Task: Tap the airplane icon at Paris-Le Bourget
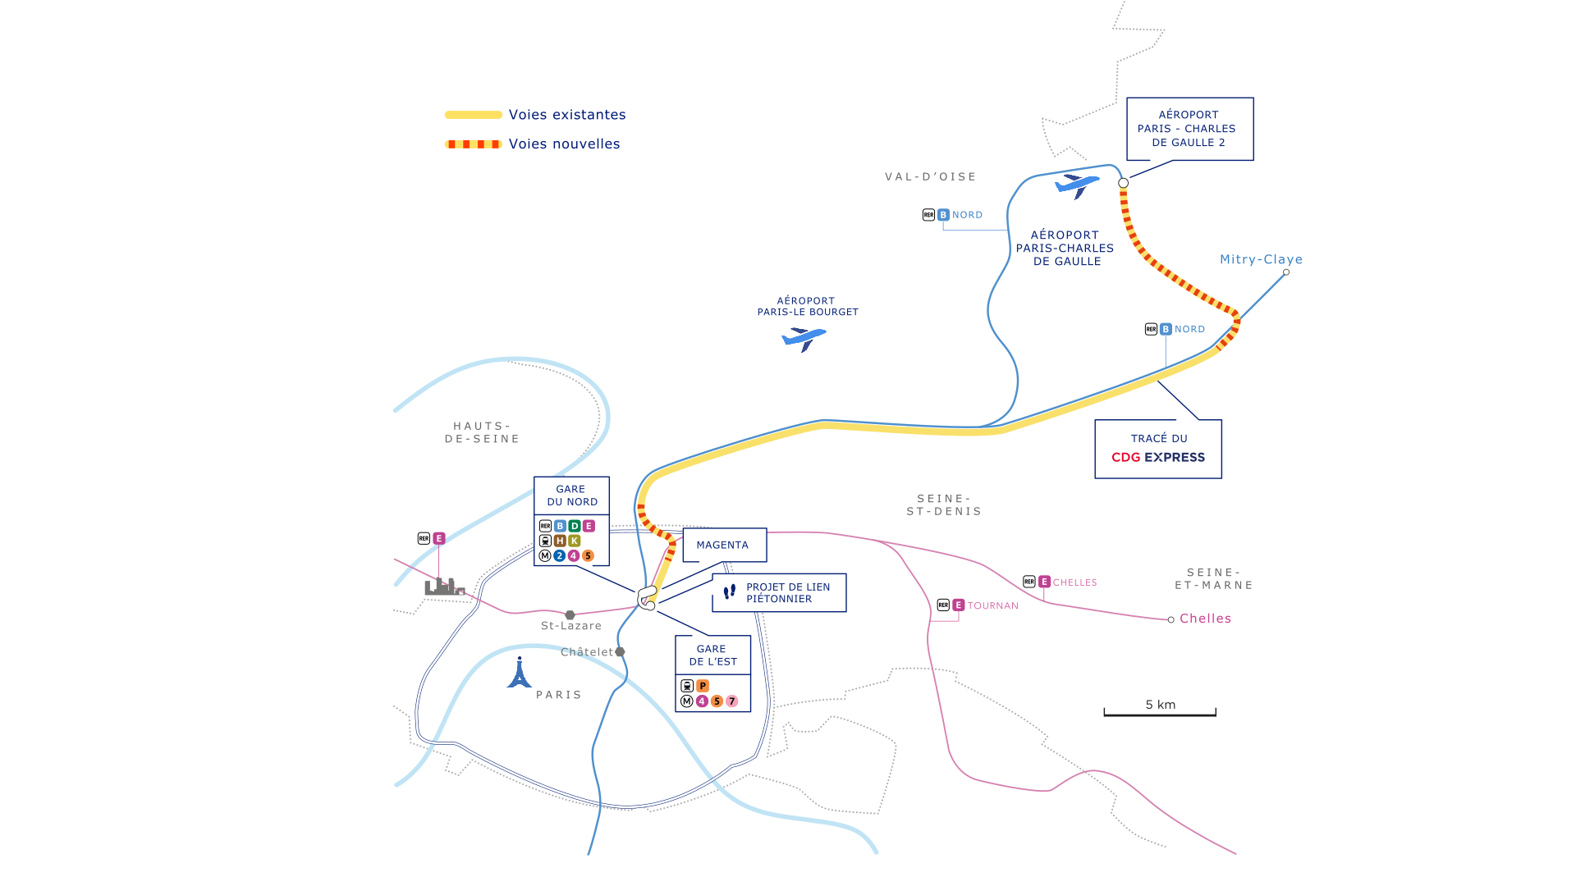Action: pyautogui.click(x=804, y=338)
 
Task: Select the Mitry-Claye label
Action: pyautogui.click(x=1261, y=259)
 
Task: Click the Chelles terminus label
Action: pyautogui.click(x=1205, y=619)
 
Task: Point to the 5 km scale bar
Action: pyautogui.click(x=1160, y=714)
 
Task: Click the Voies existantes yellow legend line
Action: pyautogui.click(x=474, y=115)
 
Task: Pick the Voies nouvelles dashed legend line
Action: pyautogui.click(x=474, y=144)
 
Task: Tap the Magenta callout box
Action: pyautogui.click(x=724, y=545)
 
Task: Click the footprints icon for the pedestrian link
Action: pyautogui.click(x=729, y=591)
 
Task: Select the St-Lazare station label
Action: pyautogui.click(x=571, y=626)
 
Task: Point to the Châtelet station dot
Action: pyautogui.click(x=620, y=651)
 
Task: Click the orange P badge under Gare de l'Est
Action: pyautogui.click(x=703, y=686)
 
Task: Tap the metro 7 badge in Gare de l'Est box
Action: pyautogui.click(x=732, y=701)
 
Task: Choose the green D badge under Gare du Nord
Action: pyautogui.click(x=575, y=526)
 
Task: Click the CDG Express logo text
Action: pyautogui.click(x=1158, y=458)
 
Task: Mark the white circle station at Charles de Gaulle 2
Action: pyautogui.click(x=1123, y=183)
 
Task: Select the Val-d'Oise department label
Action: pyautogui.click(x=931, y=176)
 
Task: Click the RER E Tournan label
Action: pyautogui.click(x=978, y=605)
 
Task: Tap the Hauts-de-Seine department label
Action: pyautogui.click(x=483, y=432)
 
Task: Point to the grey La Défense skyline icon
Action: pyautogui.click(x=445, y=587)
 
